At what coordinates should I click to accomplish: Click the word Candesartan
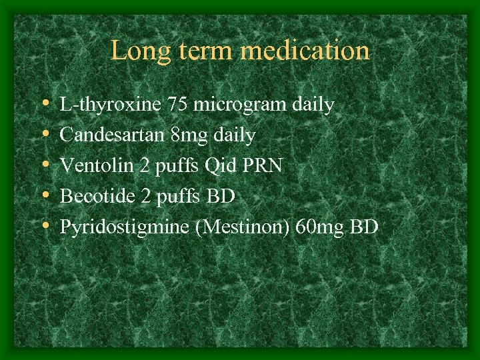pos(112,135)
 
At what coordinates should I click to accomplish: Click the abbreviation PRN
pos(264,166)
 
